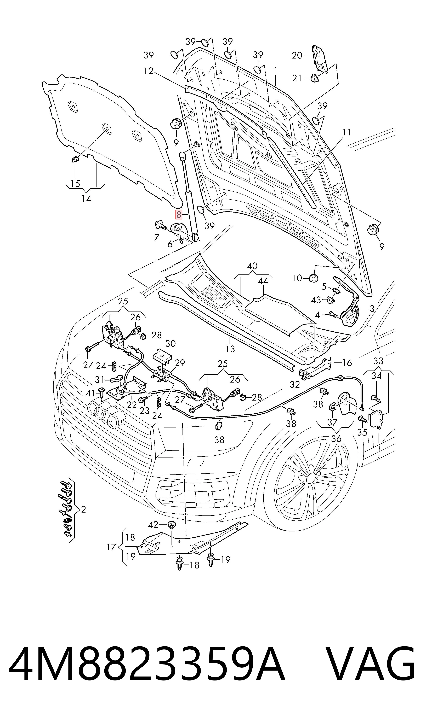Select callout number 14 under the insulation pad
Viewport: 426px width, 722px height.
86,198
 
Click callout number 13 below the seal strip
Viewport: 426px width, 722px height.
230,349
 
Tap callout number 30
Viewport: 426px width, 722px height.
171,344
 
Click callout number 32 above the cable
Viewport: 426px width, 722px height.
295,385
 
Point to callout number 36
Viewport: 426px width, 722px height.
336,439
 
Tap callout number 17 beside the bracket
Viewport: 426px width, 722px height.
111,547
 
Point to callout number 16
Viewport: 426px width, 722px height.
347,363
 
